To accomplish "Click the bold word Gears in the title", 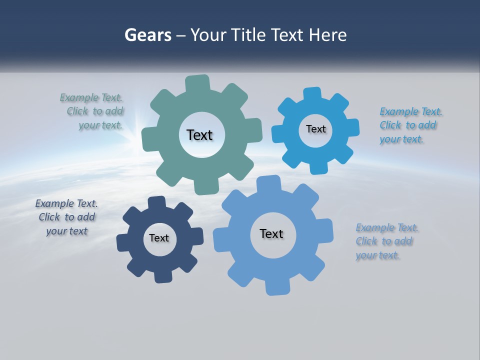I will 147,35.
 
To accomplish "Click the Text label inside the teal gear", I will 199,135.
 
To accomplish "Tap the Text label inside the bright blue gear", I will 315,129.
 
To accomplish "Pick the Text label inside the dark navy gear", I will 159,238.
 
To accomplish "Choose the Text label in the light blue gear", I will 271,233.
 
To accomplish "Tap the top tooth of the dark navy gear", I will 157,203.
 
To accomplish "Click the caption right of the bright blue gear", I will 410,125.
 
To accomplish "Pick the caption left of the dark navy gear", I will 66,217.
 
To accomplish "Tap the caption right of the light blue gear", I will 386,241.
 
